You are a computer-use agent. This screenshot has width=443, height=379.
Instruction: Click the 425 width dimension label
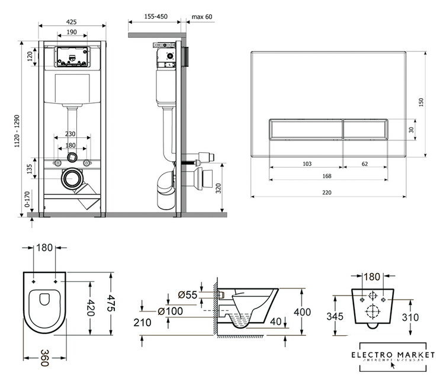[72, 22]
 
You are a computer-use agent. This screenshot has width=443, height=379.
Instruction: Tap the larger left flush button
[306, 129]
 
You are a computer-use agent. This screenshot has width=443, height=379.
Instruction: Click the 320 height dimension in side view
[219, 188]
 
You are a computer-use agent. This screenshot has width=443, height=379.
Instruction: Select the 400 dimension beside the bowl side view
[303, 312]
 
